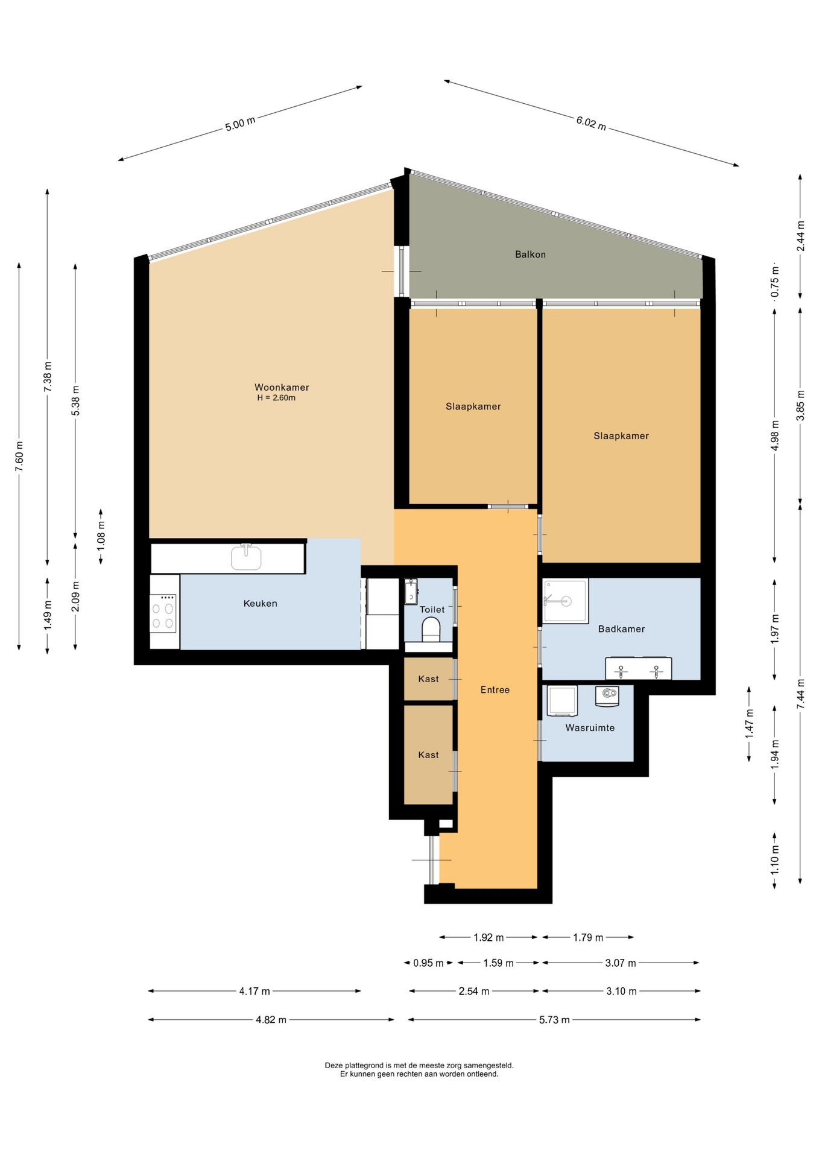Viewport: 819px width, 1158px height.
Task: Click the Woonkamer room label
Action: click(x=282, y=387)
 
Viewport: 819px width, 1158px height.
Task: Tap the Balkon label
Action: click(x=530, y=255)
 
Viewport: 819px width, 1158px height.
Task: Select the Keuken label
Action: click(x=260, y=603)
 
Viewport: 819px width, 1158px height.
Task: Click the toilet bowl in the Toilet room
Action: click(x=431, y=630)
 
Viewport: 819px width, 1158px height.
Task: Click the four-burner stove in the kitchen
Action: click(x=163, y=613)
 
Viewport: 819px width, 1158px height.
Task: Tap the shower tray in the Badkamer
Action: click(x=565, y=601)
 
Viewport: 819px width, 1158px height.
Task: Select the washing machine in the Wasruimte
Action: click(x=562, y=701)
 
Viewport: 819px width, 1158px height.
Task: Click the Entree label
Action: click(x=495, y=689)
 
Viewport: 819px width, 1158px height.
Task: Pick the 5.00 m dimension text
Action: click(x=240, y=124)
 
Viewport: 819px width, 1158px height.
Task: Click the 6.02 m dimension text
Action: click(x=591, y=123)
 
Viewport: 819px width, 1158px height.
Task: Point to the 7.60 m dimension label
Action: click(x=19, y=457)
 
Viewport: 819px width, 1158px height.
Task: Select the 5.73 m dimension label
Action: click(x=554, y=1020)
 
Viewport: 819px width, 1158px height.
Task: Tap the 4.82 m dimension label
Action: click(x=271, y=1020)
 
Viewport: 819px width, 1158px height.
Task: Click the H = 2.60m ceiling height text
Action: click(x=276, y=398)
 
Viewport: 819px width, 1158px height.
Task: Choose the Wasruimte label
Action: click(x=590, y=728)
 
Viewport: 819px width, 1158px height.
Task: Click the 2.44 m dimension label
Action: click(x=800, y=236)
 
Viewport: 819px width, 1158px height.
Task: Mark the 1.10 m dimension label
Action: click(x=775, y=859)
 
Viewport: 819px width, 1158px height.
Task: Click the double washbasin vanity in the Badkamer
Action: click(x=638, y=668)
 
